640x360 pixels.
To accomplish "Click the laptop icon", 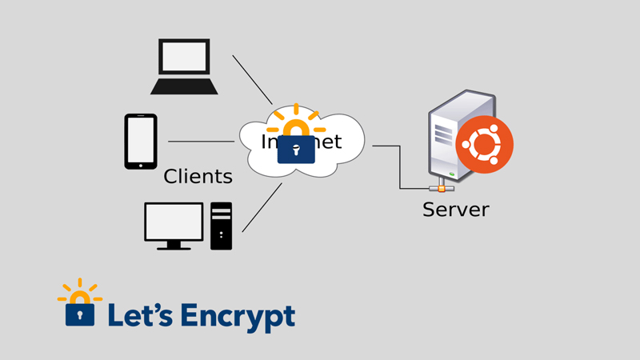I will (184, 66).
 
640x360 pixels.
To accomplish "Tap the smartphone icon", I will (140, 142).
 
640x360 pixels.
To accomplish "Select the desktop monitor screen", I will (174, 222).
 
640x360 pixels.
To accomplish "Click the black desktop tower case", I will (221, 226).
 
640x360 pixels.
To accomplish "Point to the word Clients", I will (198, 176).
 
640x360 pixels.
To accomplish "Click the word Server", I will (455, 210).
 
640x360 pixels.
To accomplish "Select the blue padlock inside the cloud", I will (297, 150).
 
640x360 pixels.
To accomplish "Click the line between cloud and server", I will (400, 168).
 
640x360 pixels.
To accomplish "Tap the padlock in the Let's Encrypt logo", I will (78, 310).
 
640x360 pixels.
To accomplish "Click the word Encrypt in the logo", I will (238, 317).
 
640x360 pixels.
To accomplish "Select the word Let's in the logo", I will (137, 314).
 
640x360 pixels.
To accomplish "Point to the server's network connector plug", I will (441, 189).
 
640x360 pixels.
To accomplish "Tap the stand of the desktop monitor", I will (174, 246).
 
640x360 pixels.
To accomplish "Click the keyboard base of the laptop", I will (184, 86).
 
